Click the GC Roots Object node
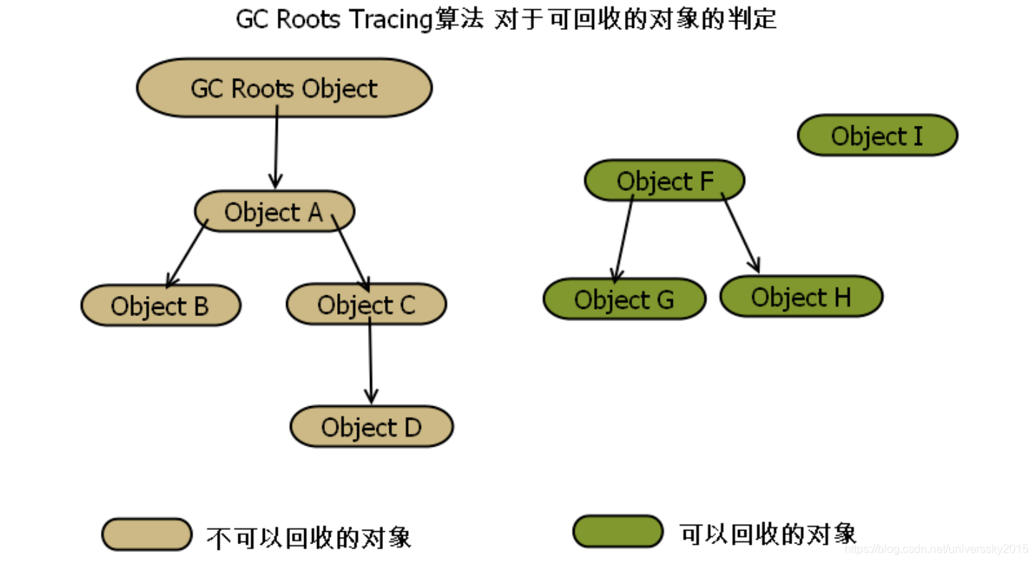(x=284, y=88)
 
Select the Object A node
(x=274, y=212)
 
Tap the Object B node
(x=160, y=305)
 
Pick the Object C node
(x=366, y=304)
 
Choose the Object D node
(x=371, y=427)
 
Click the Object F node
(x=665, y=181)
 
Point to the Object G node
(x=624, y=299)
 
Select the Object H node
(x=801, y=297)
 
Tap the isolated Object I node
(x=877, y=135)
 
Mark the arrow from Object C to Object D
(x=370, y=361)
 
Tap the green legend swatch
(x=618, y=531)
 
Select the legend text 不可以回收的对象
(x=308, y=537)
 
